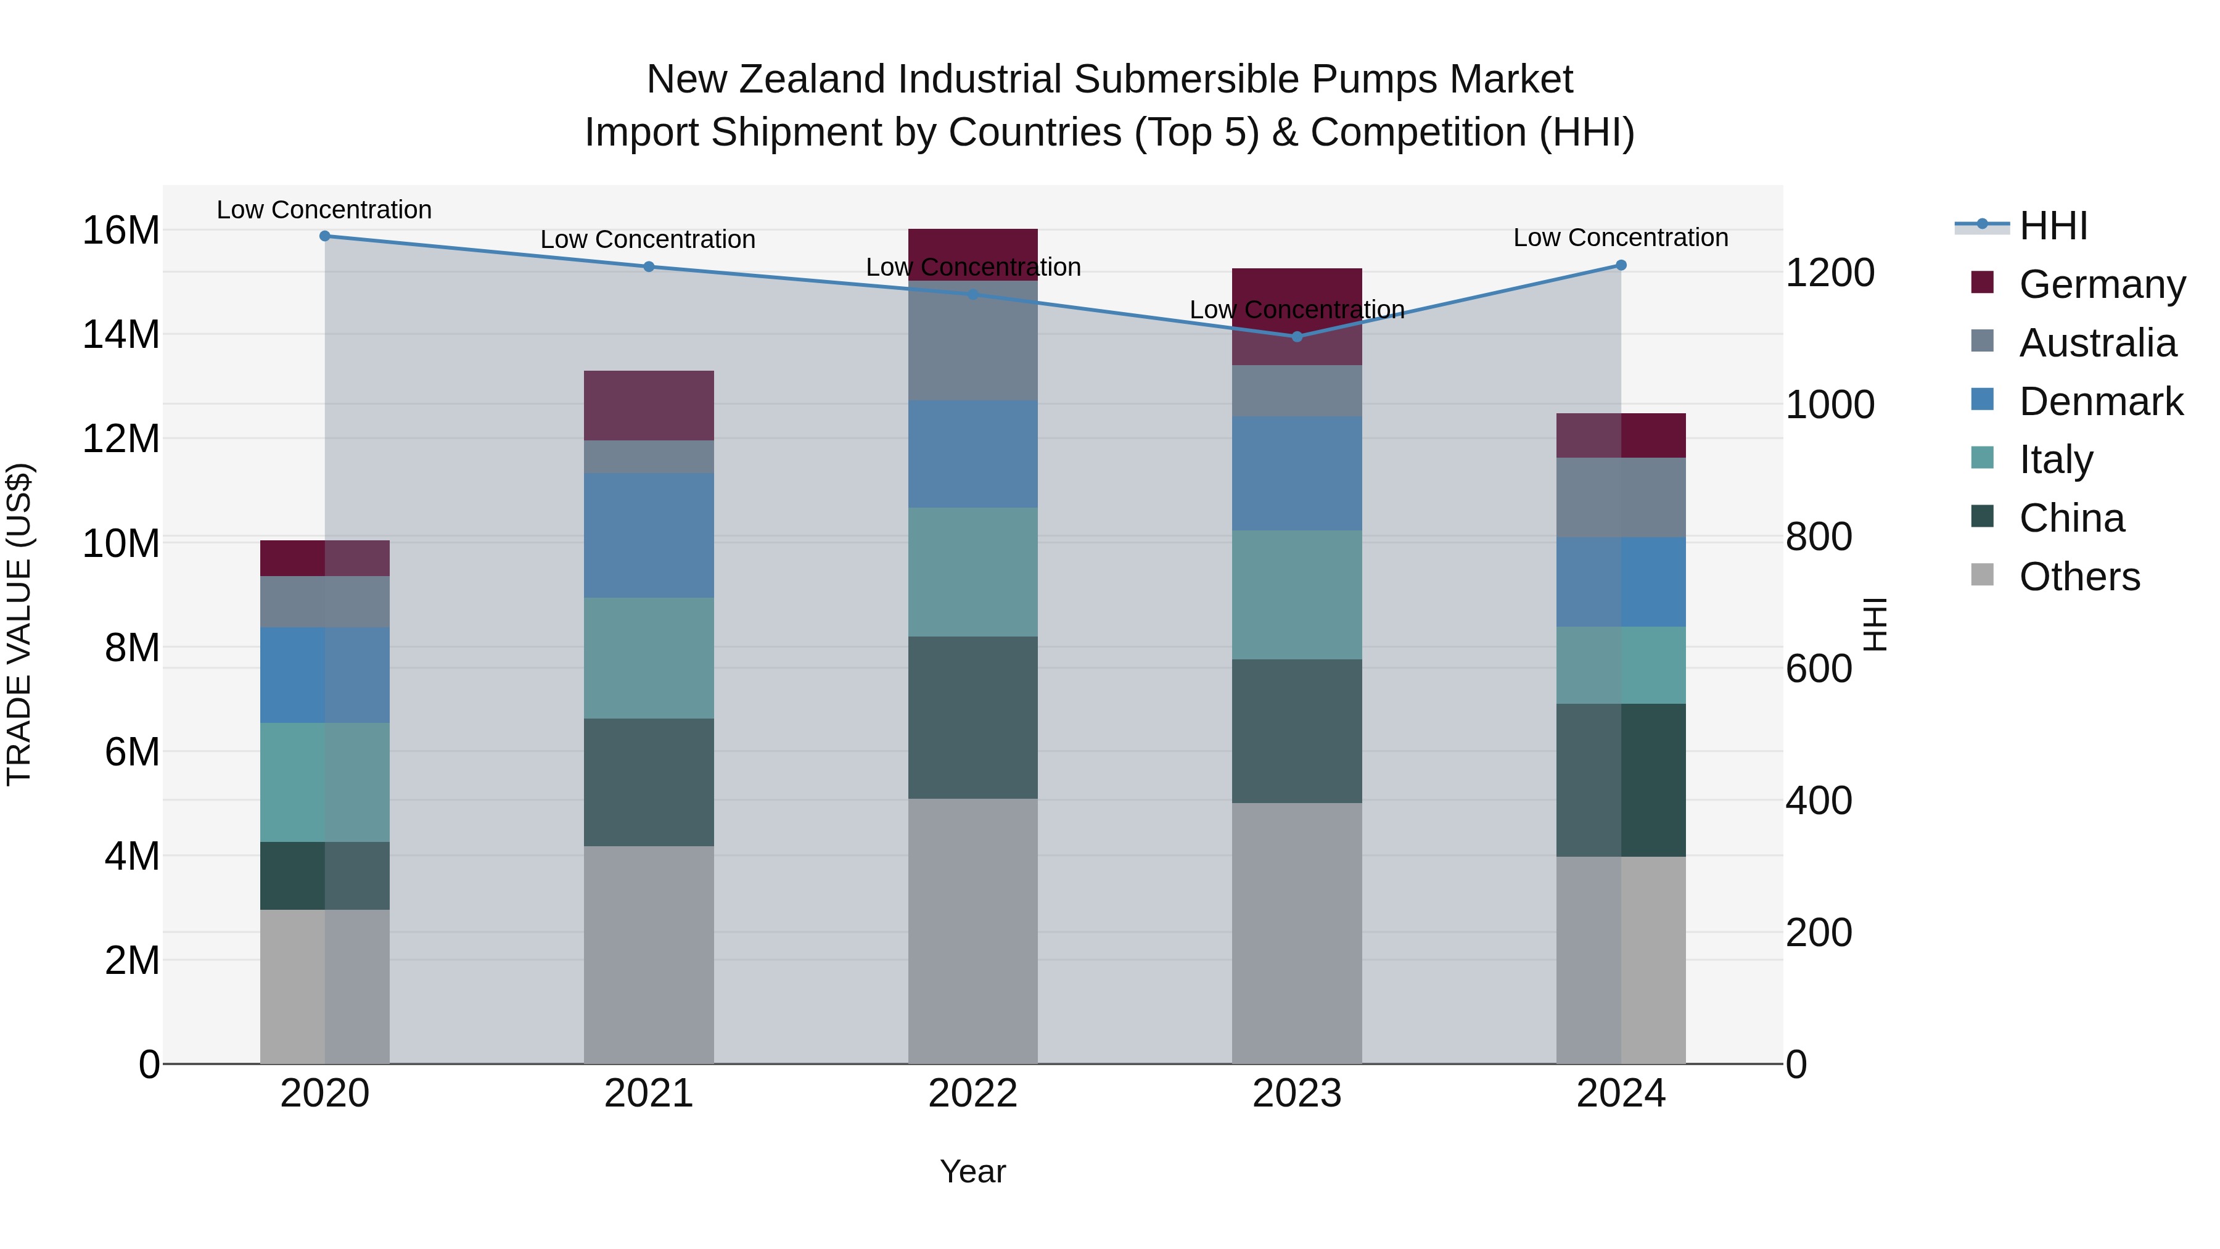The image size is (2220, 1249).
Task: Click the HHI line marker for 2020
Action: tap(325, 236)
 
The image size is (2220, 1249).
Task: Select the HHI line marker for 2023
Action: tap(1297, 337)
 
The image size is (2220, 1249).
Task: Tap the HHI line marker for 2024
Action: tap(1621, 265)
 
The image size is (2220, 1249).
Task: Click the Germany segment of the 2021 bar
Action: tap(649, 406)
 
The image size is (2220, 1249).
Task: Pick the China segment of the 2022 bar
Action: tap(973, 718)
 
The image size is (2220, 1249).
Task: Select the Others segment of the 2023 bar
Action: tap(1297, 934)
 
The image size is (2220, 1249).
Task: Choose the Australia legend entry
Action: tap(2097, 343)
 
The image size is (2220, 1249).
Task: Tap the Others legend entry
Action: tap(2079, 577)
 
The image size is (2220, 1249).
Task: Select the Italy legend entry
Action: tap(2055, 460)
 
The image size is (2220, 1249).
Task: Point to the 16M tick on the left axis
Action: tap(121, 231)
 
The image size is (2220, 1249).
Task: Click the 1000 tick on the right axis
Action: tap(1830, 405)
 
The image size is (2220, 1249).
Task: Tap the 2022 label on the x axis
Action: tap(973, 1094)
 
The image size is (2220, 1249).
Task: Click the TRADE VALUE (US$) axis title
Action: tap(19, 624)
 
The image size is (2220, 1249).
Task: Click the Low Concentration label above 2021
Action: tap(648, 240)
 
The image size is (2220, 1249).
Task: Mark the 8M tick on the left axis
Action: tap(132, 648)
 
